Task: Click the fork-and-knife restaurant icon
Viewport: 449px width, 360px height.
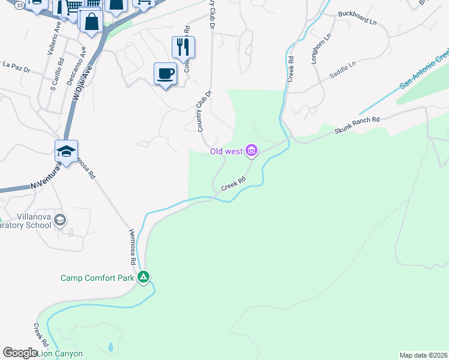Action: (x=183, y=46)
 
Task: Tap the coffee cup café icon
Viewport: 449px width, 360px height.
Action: (x=165, y=73)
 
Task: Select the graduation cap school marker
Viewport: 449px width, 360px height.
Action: (x=66, y=151)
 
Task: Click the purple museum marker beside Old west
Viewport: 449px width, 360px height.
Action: (x=252, y=151)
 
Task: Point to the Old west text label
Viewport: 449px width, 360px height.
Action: (x=226, y=151)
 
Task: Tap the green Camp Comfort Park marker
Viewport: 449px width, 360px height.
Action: (x=143, y=277)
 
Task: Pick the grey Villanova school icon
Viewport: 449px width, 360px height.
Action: (x=59, y=220)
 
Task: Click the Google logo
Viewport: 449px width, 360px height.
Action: (x=20, y=353)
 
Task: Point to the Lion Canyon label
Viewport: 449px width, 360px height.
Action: (x=61, y=353)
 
